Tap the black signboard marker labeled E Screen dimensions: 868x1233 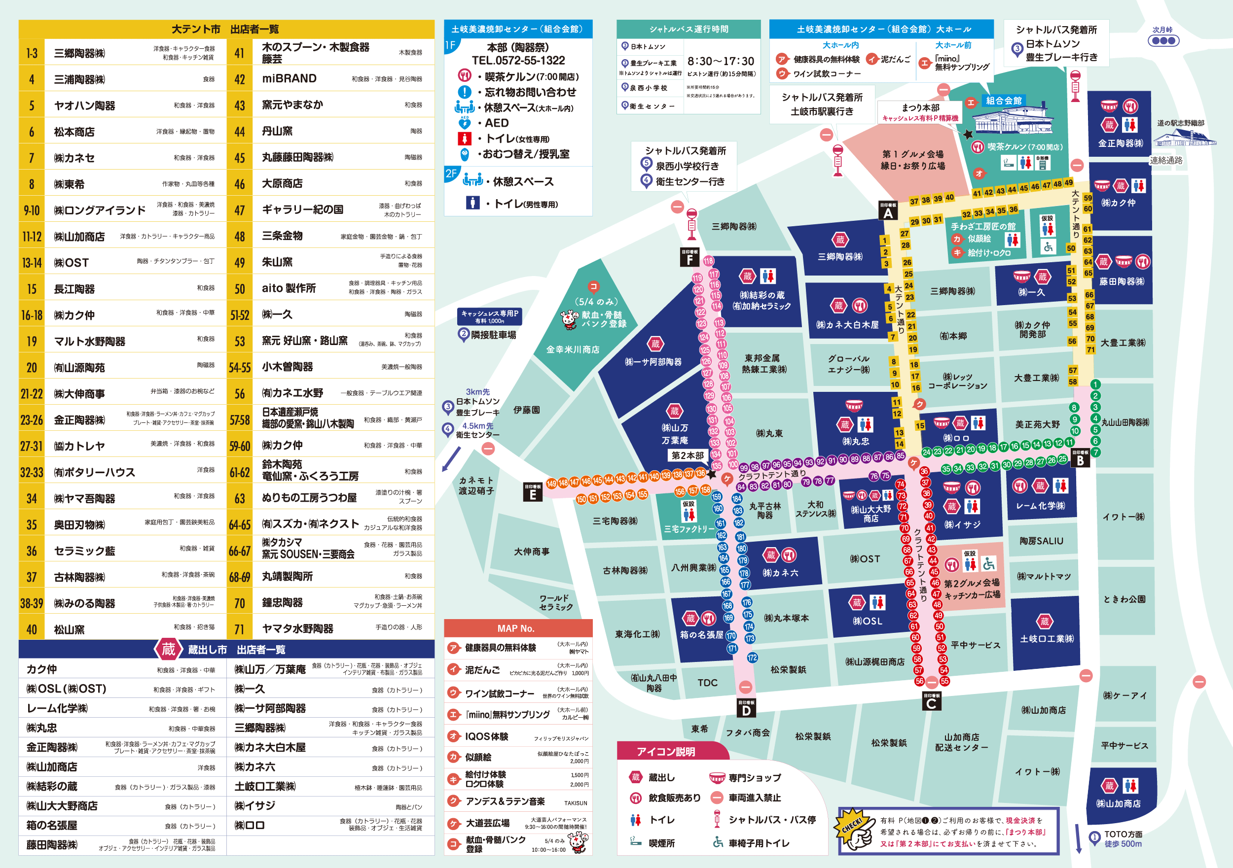532,492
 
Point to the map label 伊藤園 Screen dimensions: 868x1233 526,410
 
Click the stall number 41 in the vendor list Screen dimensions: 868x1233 240,53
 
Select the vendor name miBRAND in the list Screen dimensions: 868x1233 289,78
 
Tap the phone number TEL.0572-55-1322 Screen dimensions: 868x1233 518,61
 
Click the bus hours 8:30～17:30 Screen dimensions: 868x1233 721,61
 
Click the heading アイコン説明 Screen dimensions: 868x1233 665,752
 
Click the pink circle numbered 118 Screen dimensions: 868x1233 708,261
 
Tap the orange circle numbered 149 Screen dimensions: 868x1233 551,483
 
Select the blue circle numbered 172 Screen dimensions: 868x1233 752,658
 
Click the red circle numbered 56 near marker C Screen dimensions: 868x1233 919,681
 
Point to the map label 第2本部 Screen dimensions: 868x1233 688,455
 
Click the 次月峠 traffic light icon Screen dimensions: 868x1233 1163,40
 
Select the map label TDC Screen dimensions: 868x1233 707,682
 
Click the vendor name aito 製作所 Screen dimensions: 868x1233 289,288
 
